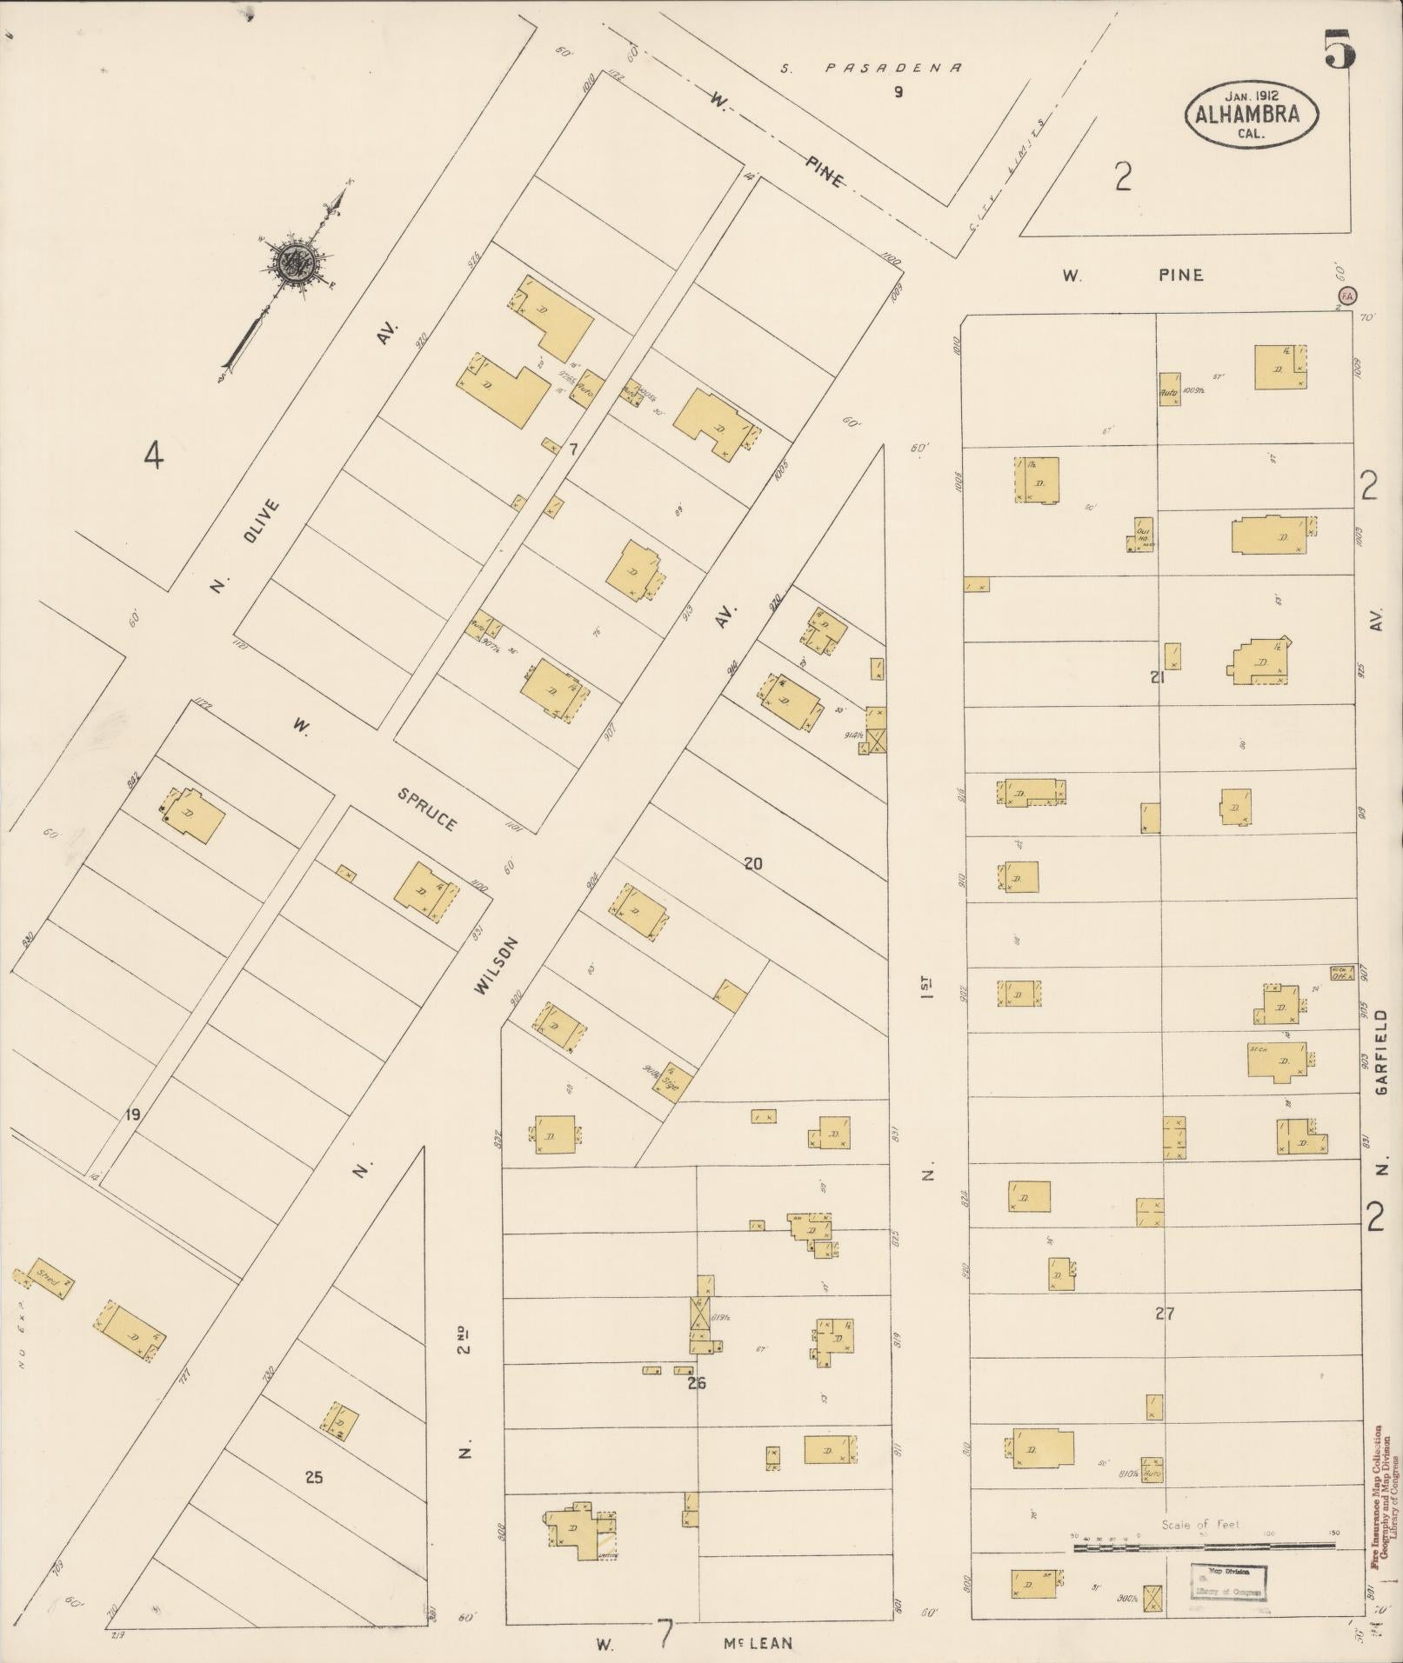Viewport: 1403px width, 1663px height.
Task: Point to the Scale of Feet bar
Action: click(1204, 1547)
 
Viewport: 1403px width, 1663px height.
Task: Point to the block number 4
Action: click(153, 455)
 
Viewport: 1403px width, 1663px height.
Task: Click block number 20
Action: click(753, 863)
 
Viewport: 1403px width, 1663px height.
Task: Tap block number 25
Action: click(314, 1476)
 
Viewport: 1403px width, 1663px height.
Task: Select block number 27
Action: click(1165, 1313)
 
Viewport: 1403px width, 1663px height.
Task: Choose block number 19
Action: click(132, 1114)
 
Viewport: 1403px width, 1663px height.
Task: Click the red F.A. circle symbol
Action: click(1346, 296)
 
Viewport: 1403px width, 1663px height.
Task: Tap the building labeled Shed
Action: click(46, 1279)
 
